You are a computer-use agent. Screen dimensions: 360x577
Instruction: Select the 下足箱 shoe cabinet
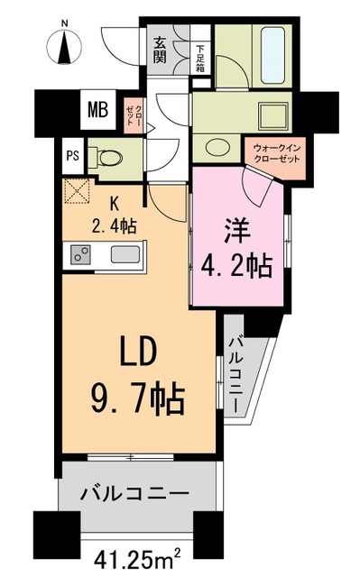point(200,58)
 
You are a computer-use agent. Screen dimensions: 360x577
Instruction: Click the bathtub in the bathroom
point(272,56)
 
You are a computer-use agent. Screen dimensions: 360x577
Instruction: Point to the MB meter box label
point(98,109)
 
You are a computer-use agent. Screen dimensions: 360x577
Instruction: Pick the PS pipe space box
point(73,155)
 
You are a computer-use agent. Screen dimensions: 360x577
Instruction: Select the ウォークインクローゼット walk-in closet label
point(277,154)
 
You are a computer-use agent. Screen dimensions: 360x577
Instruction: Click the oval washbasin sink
point(217,148)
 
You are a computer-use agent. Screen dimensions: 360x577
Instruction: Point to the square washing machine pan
point(274,114)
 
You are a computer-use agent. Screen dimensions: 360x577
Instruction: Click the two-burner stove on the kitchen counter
point(80,254)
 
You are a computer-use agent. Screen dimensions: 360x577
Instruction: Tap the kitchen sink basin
point(125,254)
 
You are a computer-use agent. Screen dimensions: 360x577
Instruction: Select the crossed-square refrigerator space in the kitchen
point(78,191)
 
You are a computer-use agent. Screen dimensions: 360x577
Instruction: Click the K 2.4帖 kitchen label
point(114,216)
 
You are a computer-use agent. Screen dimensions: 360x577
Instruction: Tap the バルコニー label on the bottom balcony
point(134,493)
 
